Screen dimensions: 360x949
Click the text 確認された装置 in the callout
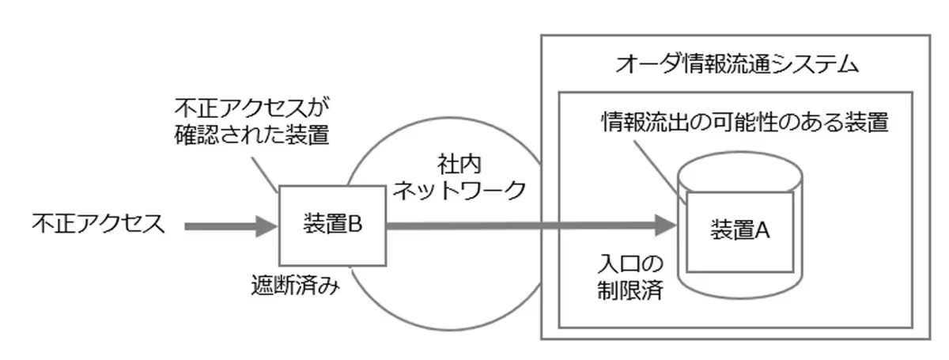point(251,133)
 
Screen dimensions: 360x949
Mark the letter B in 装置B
point(355,225)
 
